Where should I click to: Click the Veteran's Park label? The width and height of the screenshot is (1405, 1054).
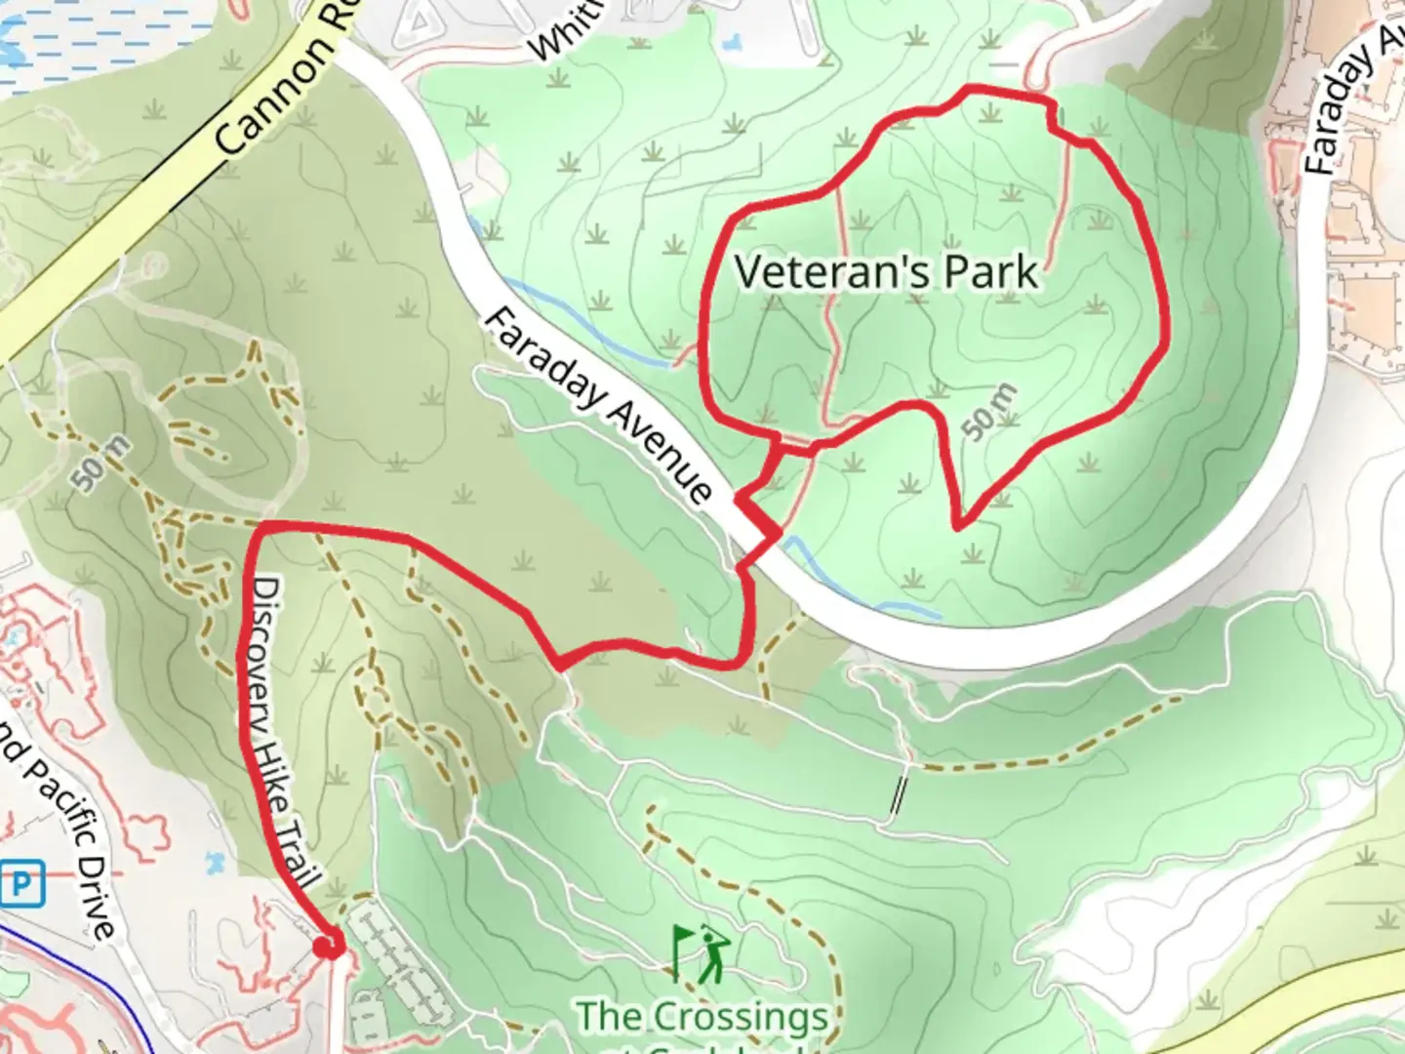[885, 271]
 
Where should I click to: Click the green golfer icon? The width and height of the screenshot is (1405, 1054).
[710, 954]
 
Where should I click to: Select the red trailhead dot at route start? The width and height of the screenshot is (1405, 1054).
[329, 946]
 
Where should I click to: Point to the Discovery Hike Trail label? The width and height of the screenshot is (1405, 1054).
[278, 731]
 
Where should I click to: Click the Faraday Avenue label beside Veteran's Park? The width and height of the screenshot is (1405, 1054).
[597, 405]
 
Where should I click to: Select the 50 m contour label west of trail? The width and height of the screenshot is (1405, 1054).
[100, 462]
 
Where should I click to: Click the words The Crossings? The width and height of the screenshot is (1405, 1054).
[702, 1016]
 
